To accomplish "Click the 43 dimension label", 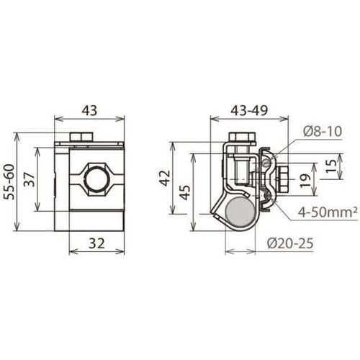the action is [89, 111].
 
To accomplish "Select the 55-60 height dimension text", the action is [10, 181].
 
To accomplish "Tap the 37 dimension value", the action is [31, 179].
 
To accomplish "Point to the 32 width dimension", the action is [97, 243].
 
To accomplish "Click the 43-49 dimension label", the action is [249, 111].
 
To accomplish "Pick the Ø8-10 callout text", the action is [322, 132].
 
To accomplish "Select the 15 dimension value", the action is [332, 166].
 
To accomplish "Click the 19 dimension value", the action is [305, 179].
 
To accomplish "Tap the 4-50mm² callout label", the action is [328, 212].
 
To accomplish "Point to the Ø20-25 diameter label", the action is [290, 243].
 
